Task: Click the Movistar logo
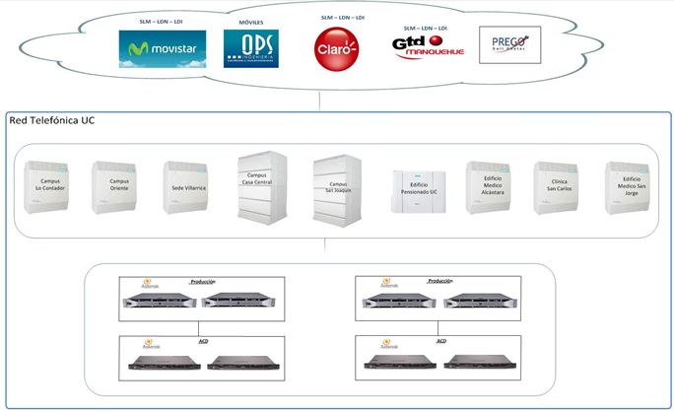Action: point(157,47)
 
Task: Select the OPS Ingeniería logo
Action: point(251,47)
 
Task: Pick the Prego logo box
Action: point(509,44)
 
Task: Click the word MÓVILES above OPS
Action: point(251,21)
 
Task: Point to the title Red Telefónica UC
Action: point(51,120)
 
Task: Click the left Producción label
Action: point(202,281)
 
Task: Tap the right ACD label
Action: point(440,340)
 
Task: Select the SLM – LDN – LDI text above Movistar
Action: point(157,20)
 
